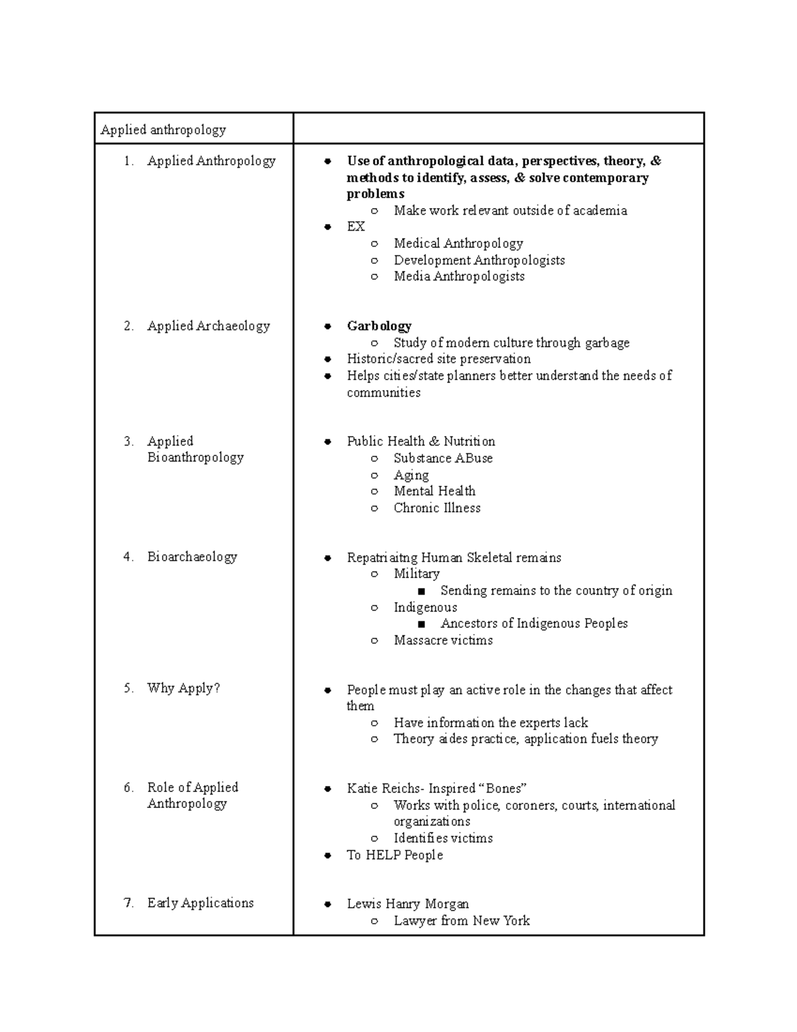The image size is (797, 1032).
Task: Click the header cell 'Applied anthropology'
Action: (163, 130)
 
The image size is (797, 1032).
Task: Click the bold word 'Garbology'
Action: (379, 326)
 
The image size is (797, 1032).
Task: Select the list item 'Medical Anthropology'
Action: (458, 243)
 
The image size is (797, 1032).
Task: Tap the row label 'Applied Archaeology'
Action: (209, 326)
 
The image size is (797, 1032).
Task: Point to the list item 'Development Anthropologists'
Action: (479, 260)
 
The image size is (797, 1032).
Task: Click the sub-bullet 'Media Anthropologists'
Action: (459, 276)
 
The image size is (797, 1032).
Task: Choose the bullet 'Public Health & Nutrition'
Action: (420, 441)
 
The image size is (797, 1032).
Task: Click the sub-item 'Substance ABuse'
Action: (443, 458)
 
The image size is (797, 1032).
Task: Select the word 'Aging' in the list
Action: (411, 474)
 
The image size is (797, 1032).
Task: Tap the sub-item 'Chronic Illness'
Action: (437, 508)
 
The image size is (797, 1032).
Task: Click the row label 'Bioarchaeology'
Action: (192, 557)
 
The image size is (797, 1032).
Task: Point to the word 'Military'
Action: (416, 573)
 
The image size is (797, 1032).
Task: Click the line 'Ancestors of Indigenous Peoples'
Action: (534, 623)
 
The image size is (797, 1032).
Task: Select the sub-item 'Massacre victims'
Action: (443, 640)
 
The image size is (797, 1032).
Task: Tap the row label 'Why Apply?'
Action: (183, 688)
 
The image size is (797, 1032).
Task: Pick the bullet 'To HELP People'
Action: (395, 855)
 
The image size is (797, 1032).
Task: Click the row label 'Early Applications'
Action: (201, 903)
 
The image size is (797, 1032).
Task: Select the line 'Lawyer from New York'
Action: (462, 920)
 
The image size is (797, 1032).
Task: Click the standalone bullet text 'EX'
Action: (355, 227)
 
